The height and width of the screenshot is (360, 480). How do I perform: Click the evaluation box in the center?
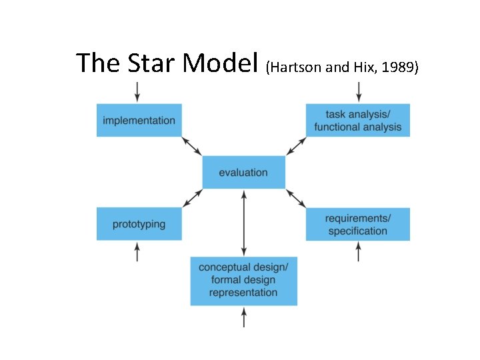pos(243,173)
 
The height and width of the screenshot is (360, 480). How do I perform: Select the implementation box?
pos(139,121)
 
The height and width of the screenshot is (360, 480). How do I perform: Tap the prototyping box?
pos(139,224)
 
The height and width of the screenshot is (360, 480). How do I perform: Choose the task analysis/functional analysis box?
pos(358,121)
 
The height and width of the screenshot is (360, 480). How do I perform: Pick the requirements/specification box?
pos(358,225)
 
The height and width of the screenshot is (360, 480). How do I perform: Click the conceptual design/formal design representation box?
pos(243,281)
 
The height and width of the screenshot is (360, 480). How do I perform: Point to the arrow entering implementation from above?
pos(137,92)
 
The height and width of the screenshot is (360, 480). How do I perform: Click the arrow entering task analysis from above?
pos(359,92)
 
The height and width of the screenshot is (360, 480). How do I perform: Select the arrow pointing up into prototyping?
pos(137,251)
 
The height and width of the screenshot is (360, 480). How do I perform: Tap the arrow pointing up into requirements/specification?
pos(359,251)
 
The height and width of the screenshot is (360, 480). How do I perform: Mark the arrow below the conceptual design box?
pos(243,317)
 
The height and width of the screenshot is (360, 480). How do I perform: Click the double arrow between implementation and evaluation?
pos(192,146)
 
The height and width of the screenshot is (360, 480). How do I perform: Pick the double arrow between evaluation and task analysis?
pos(296,146)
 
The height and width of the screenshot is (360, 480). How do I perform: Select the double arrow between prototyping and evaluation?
pos(192,198)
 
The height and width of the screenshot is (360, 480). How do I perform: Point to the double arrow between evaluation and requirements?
pos(296,198)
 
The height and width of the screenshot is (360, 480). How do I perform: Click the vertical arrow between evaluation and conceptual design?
pos(243,223)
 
